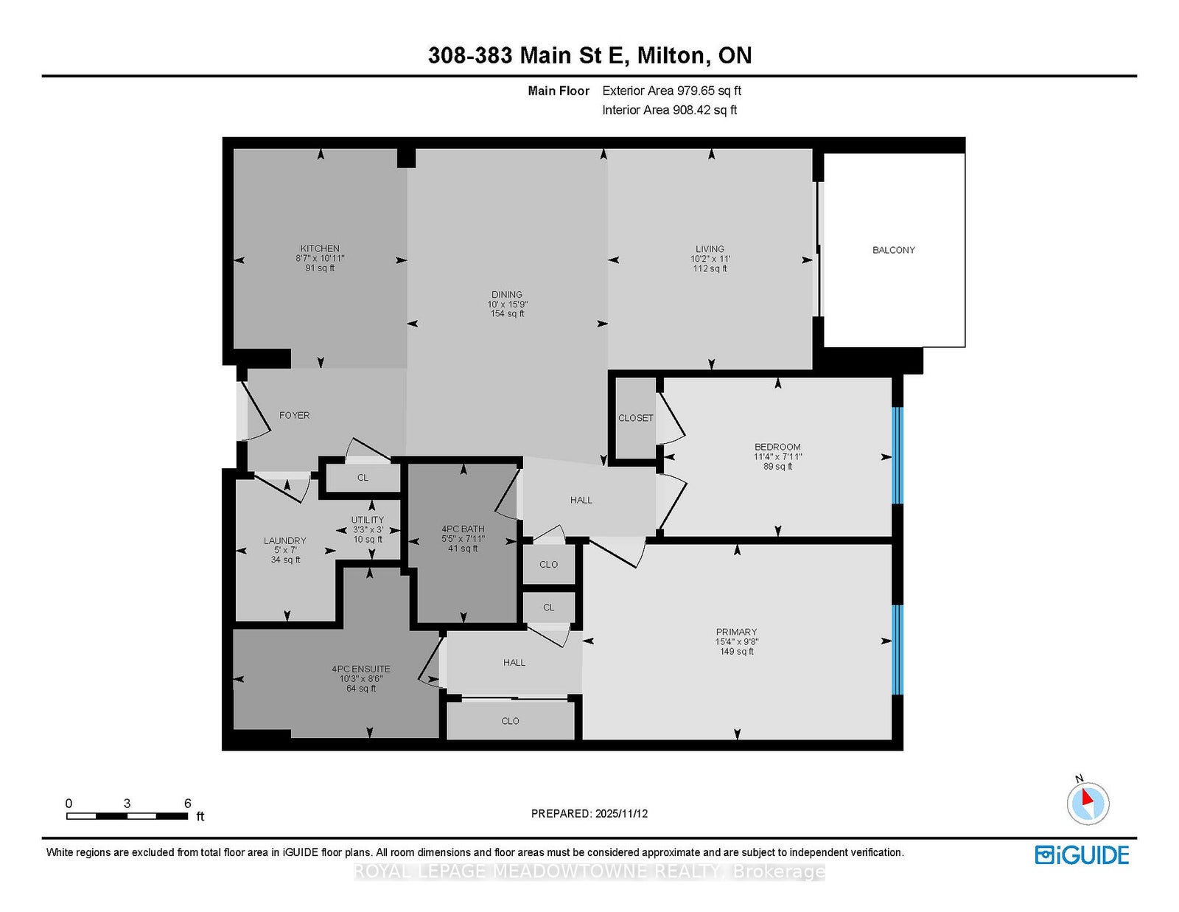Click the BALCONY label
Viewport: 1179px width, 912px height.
tap(893, 250)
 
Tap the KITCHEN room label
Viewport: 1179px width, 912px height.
tap(320, 248)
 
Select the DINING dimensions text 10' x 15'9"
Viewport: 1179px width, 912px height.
tap(507, 304)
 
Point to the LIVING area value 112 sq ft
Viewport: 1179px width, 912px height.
tap(710, 268)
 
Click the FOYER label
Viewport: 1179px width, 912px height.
tap(295, 415)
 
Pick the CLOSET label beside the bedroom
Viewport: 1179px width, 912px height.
tap(635, 418)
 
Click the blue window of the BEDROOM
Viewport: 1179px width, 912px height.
tap(898, 456)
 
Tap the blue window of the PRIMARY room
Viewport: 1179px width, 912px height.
tap(898, 650)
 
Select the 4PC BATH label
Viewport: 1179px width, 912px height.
tap(463, 529)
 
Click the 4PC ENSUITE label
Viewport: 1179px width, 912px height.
tap(361, 669)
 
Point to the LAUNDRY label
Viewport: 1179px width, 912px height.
tap(285, 540)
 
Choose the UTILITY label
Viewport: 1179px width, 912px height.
tap(367, 520)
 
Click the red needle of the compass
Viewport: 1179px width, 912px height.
tap(1086, 798)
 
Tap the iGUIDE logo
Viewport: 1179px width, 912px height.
tap(1082, 855)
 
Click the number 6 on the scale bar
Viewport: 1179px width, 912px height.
tap(188, 804)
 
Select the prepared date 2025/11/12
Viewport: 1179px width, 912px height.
tap(621, 814)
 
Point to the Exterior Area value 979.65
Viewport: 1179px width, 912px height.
tap(693, 91)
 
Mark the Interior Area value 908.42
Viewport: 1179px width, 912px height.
tap(690, 110)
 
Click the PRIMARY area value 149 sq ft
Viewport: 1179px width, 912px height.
tap(736, 652)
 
